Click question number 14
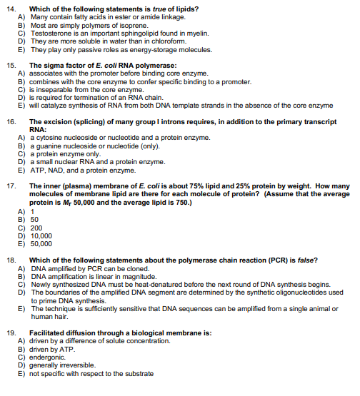click(x=11, y=8)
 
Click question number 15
click(x=11, y=65)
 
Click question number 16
click(x=11, y=122)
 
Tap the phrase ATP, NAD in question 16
click(x=46, y=169)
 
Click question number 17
click(x=11, y=186)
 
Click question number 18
click(x=11, y=259)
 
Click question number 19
click(x=11, y=333)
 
